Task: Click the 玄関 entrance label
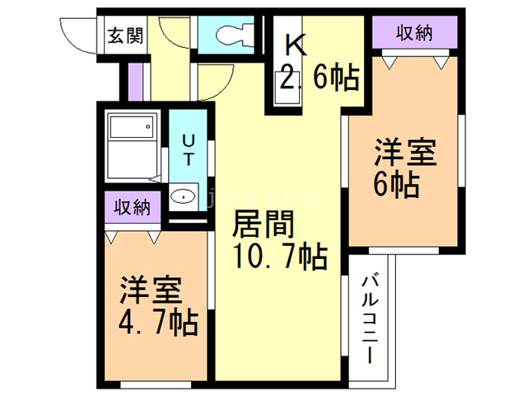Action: tap(124, 35)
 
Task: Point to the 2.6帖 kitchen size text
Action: tap(319, 78)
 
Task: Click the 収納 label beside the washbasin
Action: tap(133, 206)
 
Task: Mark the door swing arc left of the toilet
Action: tap(174, 29)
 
